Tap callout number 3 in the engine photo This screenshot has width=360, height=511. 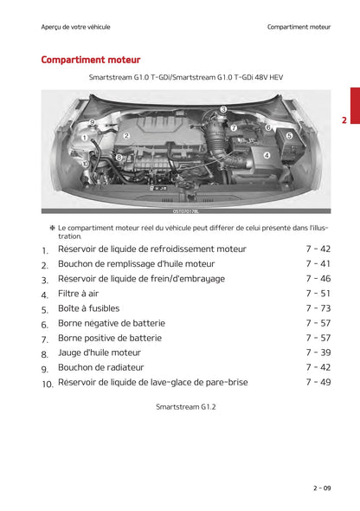point(223,109)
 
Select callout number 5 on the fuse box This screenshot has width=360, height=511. point(289,135)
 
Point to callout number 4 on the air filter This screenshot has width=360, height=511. point(266,156)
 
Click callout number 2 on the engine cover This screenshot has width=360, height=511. point(126,136)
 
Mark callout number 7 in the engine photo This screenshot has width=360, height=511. point(234,127)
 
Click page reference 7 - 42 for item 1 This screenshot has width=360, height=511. point(318,249)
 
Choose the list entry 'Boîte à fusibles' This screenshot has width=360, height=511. point(88,308)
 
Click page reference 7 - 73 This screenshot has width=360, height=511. point(318,308)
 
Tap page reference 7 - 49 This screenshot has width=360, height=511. point(318,382)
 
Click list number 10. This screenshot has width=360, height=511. point(47,383)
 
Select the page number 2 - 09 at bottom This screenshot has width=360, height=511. point(321,488)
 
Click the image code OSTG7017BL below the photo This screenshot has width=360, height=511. point(185,210)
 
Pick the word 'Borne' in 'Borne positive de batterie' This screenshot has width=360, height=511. point(73,338)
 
